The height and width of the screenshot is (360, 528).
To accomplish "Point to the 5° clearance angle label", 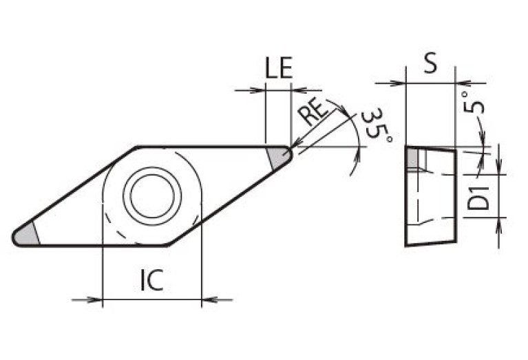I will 475,103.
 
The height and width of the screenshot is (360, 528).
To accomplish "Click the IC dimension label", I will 151,279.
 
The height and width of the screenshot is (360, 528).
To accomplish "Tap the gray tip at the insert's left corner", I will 26,235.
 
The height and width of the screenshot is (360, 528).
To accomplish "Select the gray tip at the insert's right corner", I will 279,158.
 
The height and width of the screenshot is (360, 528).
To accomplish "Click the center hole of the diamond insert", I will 152,195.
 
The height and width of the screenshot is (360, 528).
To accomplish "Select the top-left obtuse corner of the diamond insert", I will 137,147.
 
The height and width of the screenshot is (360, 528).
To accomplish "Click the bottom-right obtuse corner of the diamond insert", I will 167,245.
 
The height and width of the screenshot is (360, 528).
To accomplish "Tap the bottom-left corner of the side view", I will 405,246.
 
